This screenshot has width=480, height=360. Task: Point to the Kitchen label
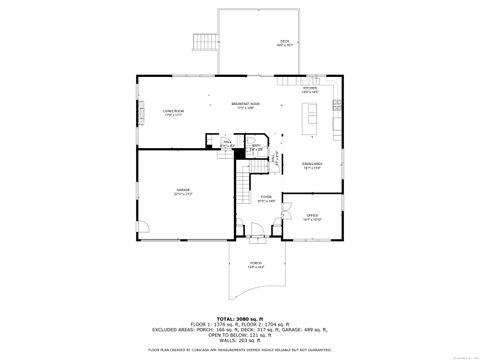pyautogui.click(x=310, y=90)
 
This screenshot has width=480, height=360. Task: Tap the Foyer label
pyautogui.click(x=266, y=198)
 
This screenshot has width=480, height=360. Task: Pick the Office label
pyautogui.click(x=311, y=216)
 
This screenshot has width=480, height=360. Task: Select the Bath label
pyautogui.click(x=256, y=147)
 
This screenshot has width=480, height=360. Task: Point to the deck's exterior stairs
pyautogui.click(x=205, y=42)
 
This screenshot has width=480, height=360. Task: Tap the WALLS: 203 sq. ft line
pyautogui.click(x=242, y=343)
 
